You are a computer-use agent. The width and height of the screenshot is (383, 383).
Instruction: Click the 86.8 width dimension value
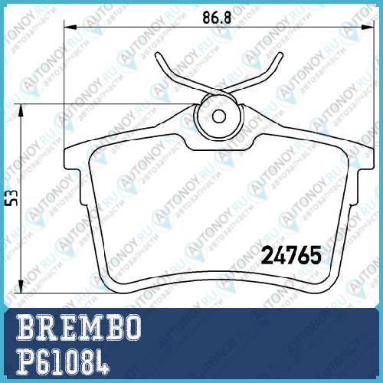[217, 18]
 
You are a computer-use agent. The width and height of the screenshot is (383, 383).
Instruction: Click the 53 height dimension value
[12, 198]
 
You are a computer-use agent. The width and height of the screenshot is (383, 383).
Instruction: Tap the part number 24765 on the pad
[291, 255]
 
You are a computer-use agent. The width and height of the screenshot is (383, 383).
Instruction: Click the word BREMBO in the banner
[79, 327]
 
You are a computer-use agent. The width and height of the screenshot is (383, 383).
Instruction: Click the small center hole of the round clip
[219, 116]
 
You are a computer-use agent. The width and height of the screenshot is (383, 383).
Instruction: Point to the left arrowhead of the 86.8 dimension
[70, 28]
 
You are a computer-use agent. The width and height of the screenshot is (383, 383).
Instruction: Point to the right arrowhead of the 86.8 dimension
[368, 28]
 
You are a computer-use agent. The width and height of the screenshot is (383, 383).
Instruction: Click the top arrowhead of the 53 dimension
[21, 111]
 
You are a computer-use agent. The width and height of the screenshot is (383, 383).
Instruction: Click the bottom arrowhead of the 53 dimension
[21, 286]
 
